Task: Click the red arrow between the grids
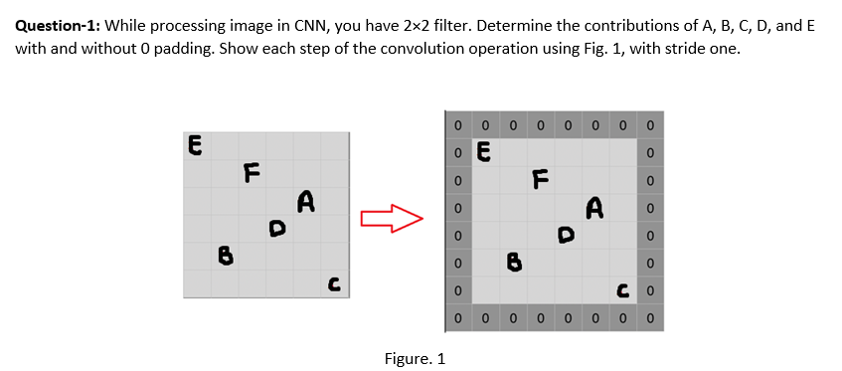392,217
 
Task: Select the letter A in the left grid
306,203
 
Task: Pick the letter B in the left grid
225,257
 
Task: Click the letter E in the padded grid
483,154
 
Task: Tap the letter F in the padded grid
540,180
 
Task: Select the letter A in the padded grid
594,208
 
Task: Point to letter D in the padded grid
566,236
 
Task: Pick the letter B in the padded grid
513,264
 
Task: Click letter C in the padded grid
621,290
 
